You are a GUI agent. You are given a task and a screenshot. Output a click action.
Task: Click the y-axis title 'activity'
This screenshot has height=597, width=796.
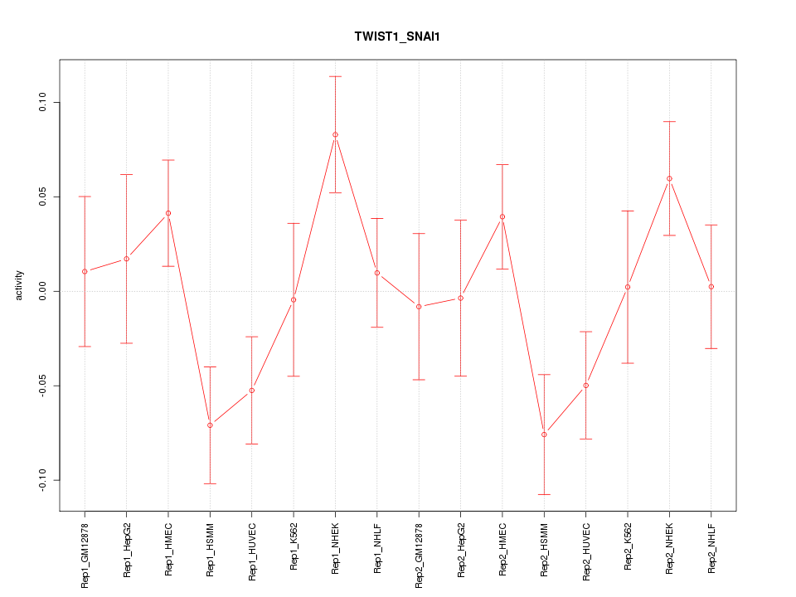[19, 285]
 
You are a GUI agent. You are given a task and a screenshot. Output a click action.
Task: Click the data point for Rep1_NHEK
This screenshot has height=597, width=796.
[335, 134]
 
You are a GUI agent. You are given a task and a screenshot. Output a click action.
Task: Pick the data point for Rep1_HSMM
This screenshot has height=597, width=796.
[210, 425]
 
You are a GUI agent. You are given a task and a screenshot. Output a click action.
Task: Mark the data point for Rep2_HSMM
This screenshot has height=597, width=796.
[544, 434]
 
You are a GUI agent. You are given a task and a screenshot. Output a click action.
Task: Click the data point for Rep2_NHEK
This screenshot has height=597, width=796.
[669, 178]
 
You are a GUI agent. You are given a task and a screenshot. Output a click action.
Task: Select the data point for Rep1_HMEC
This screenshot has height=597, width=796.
[168, 213]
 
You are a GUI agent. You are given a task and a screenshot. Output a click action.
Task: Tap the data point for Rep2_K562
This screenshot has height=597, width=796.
[628, 287]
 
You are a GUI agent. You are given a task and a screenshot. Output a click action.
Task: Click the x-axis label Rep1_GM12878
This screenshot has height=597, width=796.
[85, 555]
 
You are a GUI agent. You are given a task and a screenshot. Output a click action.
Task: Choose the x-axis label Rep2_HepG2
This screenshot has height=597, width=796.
[461, 549]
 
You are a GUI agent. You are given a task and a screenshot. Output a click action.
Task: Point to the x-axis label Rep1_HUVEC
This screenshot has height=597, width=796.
[252, 550]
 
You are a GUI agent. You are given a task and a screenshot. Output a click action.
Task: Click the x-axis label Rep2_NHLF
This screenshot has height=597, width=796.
[711, 546]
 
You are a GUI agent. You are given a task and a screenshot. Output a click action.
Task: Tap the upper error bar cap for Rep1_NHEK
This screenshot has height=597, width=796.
[335, 76]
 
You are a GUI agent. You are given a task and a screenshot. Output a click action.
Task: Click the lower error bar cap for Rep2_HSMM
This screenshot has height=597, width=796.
[544, 494]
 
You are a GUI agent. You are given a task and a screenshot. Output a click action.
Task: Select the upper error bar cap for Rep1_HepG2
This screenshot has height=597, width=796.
[127, 174]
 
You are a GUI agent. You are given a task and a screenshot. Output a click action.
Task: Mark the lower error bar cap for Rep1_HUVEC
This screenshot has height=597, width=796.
[252, 444]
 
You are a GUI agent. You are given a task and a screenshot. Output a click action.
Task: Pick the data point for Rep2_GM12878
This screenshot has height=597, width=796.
[419, 307]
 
